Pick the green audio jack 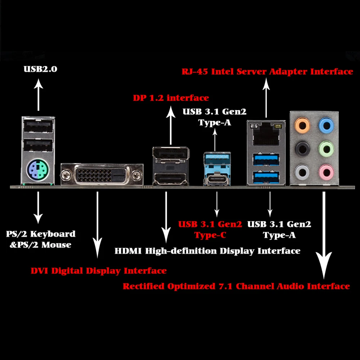(326, 148)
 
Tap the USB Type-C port (216, 179)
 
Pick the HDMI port (170, 178)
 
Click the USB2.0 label (40, 69)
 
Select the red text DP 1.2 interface (171, 98)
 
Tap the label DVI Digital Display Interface (98, 271)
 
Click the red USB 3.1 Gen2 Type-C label (210, 230)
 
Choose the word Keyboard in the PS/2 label (53, 234)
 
